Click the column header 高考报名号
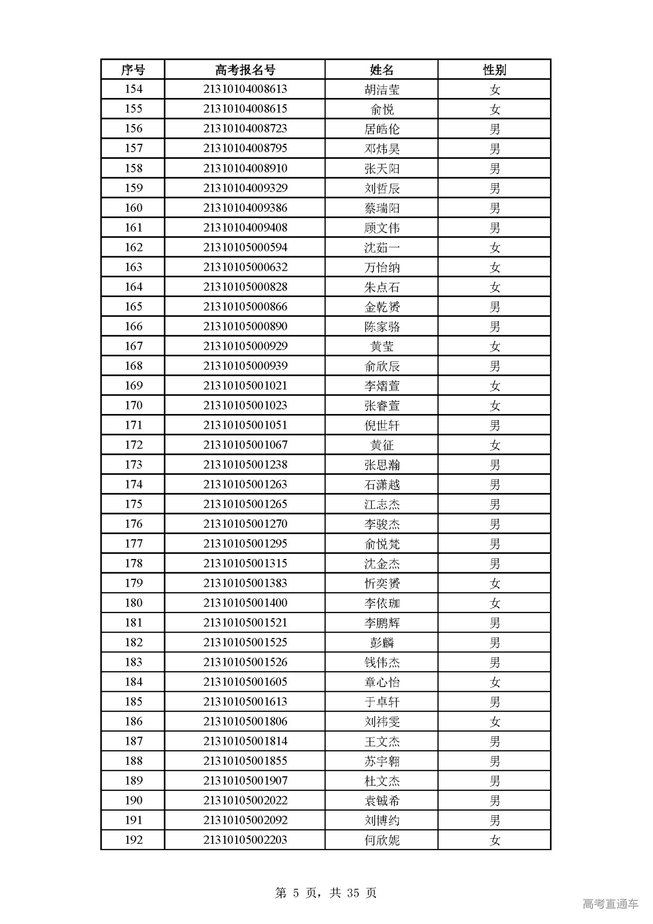point(245,69)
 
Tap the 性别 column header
point(494,69)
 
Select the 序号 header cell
point(133,69)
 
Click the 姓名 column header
point(382,69)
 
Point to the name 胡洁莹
point(382,89)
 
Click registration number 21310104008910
point(245,168)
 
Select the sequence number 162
point(133,248)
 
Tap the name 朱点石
point(382,287)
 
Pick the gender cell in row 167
point(494,346)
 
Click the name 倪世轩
point(382,425)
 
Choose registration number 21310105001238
point(245,465)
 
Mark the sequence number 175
point(133,504)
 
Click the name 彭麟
point(382,643)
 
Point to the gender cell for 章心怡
point(494,682)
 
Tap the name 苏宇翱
point(382,761)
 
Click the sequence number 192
point(133,840)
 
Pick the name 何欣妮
point(382,840)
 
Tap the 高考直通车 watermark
point(610,904)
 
